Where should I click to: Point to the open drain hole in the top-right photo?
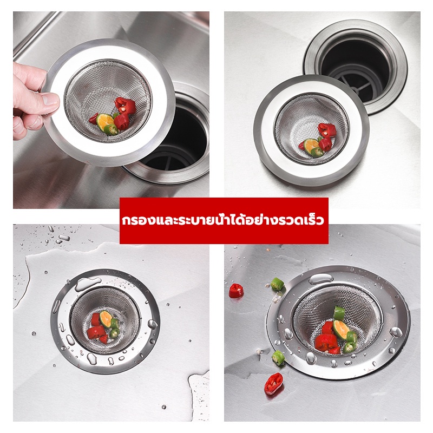(x=356, y=65)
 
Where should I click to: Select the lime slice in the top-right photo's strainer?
(x=311, y=146)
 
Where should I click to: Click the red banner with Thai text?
(x=224, y=221)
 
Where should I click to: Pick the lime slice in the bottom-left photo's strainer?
(x=106, y=319)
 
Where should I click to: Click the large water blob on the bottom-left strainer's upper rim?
(x=87, y=284)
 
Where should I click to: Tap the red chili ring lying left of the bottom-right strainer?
(x=236, y=291)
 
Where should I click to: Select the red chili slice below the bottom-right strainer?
(x=274, y=384)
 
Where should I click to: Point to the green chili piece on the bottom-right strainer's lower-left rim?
(x=278, y=358)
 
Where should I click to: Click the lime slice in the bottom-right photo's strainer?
(x=341, y=330)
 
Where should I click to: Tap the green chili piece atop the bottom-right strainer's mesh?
(x=339, y=313)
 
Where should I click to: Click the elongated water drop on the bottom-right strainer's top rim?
(x=320, y=279)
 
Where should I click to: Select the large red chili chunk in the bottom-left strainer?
(x=96, y=332)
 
